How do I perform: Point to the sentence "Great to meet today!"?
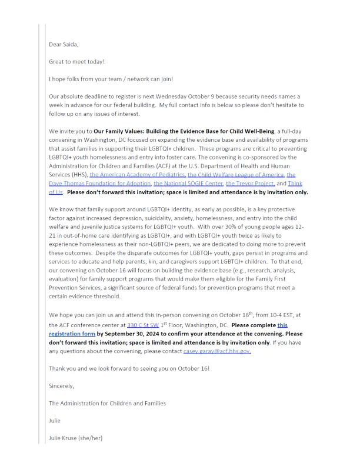[x=77, y=61]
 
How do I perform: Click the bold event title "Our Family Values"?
[x=118, y=131]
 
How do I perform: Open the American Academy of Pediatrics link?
[x=138, y=175]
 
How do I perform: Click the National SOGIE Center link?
[x=188, y=184]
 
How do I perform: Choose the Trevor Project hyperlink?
[x=250, y=184]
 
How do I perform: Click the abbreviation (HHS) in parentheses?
[x=79, y=175]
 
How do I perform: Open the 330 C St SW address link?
[x=144, y=324]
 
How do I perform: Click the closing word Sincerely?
[x=62, y=386]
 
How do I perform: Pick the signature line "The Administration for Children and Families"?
[x=107, y=403]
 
